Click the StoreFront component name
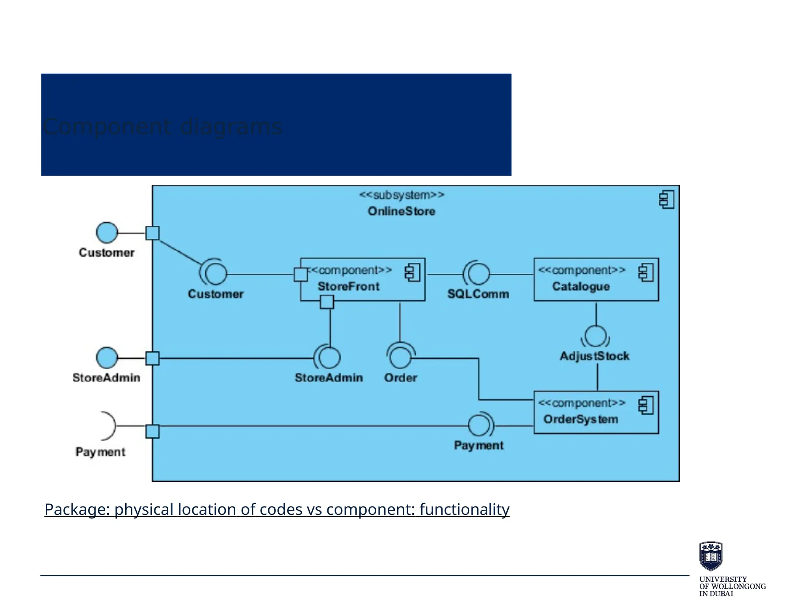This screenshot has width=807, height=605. point(348,286)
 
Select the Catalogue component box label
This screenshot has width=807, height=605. point(581,286)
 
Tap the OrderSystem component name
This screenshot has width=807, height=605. point(580,419)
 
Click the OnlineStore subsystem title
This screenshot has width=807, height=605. point(401,211)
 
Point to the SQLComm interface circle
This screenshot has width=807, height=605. point(479,274)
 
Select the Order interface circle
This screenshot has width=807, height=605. point(400,357)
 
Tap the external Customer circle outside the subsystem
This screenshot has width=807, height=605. point(107,232)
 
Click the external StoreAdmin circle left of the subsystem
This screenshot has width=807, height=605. point(107,358)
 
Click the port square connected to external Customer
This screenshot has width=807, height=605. point(152,233)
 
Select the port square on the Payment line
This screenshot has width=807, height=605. point(152,431)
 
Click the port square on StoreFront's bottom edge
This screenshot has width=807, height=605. point(327,302)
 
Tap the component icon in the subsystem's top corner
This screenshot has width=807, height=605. point(666,199)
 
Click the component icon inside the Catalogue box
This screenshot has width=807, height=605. point(646,273)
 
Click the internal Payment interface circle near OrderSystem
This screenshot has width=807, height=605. point(479,425)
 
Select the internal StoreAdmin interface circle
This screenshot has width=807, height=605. point(329,357)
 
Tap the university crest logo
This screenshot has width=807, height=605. point(710,556)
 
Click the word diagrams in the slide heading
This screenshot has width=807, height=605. point(231,127)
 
